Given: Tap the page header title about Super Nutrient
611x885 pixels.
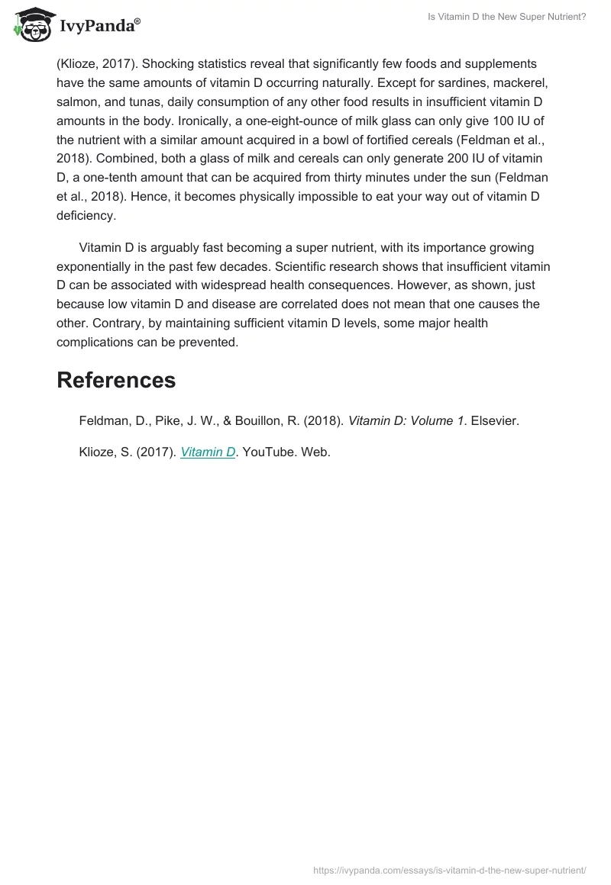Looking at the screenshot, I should [x=506, y=17].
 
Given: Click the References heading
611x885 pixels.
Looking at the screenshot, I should [x=116, y=380].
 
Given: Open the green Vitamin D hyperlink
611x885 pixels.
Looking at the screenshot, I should [x=208, y=452].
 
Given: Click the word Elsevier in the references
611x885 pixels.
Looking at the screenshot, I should [x=495, y=420].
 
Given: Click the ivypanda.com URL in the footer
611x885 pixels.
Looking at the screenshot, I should [x=450, y=870].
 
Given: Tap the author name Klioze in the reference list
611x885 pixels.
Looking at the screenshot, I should [x=98, y=452].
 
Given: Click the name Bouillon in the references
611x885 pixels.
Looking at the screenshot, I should [x=263, y=420].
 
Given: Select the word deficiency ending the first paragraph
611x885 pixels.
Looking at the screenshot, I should [x=86, y=216].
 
